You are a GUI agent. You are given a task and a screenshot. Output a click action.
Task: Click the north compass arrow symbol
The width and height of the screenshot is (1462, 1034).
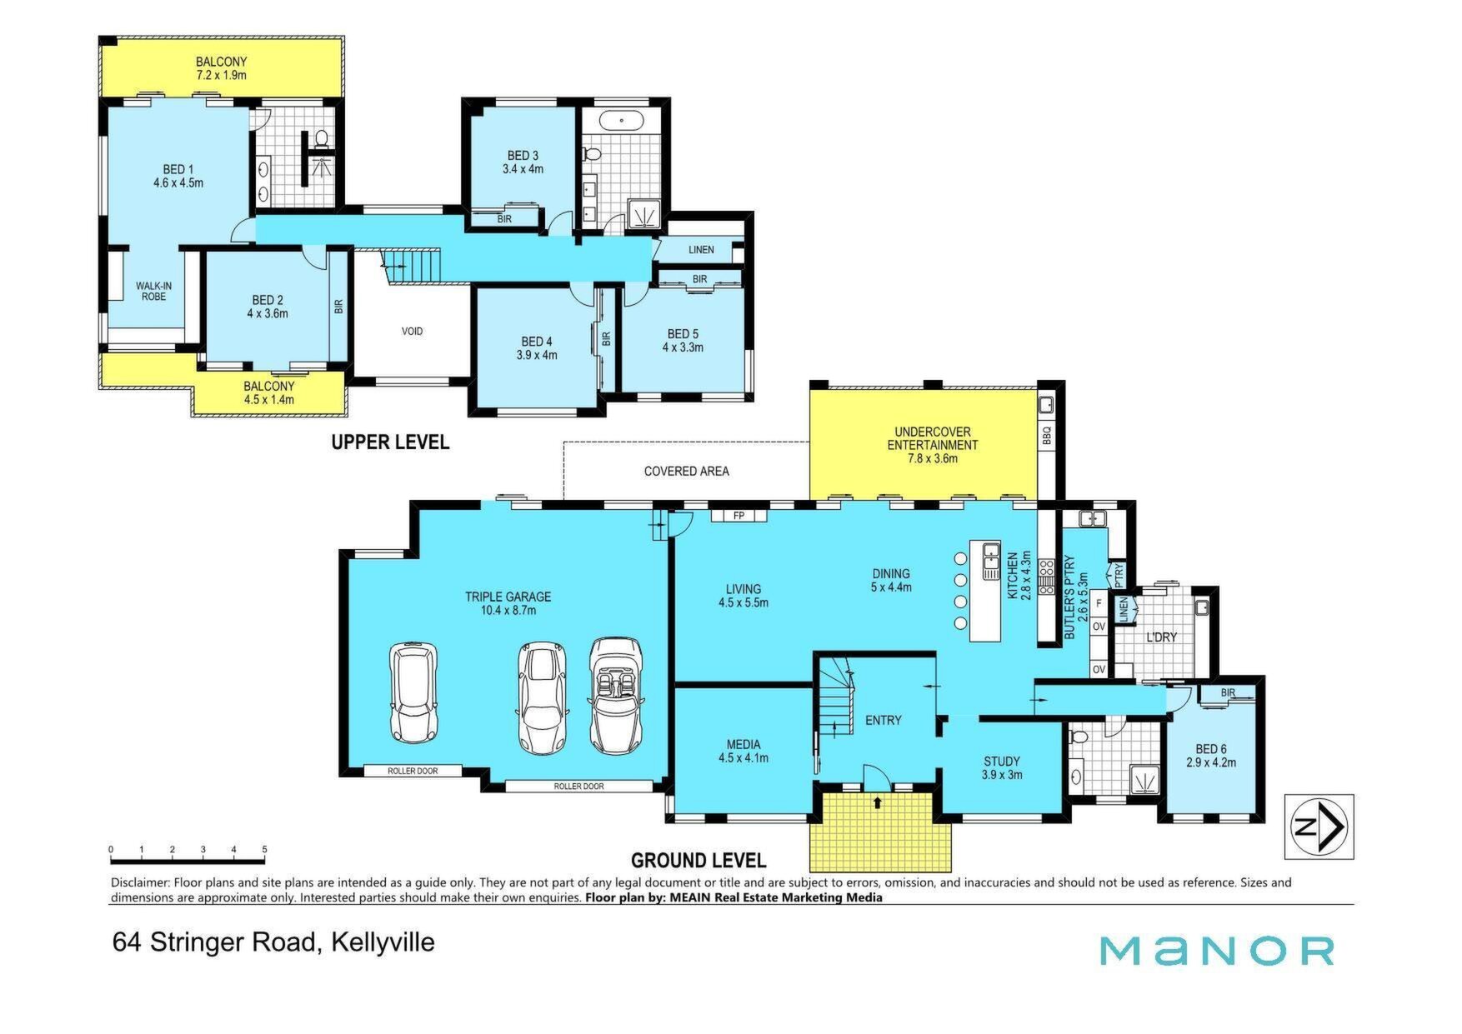click(1319, 827)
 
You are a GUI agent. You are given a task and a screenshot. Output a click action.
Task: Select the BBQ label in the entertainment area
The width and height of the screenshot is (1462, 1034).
click(1048, 436)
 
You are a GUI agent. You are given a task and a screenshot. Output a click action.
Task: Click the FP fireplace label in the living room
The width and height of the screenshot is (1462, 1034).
click(739, 516)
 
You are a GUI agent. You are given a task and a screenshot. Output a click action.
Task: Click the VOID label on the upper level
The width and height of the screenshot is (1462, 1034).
click(413, 332)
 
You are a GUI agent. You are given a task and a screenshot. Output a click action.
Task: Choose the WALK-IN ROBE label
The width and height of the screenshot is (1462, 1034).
click(154, 291)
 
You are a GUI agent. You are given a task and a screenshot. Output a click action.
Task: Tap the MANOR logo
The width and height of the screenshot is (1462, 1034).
click(1216, 951)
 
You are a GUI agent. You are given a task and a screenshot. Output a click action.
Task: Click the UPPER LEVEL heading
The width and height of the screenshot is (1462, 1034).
click(390, 442)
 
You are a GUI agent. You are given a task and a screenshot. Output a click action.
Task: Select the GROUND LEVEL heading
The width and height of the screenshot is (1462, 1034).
click(698, 860)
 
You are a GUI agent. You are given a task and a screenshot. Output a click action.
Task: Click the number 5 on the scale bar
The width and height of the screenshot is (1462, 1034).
click(265, 850)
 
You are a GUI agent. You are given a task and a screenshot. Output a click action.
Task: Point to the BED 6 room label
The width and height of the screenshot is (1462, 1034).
click(1211, 755)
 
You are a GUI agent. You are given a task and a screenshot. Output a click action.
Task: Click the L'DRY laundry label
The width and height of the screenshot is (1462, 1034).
click(1161, 637)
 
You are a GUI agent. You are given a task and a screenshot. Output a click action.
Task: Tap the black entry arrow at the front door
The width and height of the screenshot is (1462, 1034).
click(877, 802)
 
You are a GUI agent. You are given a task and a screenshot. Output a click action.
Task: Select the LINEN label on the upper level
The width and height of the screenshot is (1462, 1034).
click(701, 250)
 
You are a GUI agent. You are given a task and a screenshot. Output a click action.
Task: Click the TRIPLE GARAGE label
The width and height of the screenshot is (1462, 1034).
click(508, 597)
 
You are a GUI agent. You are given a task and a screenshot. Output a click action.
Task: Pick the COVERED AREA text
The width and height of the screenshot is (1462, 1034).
click(687, 472)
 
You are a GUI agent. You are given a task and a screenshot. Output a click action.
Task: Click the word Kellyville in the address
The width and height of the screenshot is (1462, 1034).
click(383, 942)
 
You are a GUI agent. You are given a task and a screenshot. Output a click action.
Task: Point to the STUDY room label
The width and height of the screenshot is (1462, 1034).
click(1002, 761)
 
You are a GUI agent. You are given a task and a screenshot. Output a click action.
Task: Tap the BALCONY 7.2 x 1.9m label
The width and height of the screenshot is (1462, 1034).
click(221, 68)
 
